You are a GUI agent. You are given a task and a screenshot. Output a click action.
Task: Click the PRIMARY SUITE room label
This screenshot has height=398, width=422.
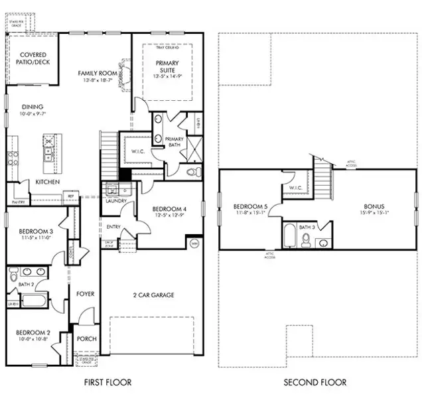[x=167, y=67]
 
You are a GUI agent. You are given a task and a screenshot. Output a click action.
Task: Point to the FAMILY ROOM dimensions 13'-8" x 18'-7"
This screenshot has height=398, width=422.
[x=98, y=80]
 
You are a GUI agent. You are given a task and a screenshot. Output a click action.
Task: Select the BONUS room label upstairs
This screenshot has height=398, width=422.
[x=373, y=206]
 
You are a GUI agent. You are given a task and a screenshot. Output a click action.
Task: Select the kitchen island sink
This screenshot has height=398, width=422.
[x=48, y=155]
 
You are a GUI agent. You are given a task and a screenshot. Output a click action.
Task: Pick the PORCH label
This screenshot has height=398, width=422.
[x=86, y=338]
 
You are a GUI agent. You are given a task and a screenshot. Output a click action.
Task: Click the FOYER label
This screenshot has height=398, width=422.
[x=86, y=293]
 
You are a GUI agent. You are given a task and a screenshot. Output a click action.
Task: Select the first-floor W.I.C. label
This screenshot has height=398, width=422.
[x=138, y=151]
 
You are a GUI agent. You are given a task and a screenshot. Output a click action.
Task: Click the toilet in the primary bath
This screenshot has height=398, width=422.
[x=192, y=172]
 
